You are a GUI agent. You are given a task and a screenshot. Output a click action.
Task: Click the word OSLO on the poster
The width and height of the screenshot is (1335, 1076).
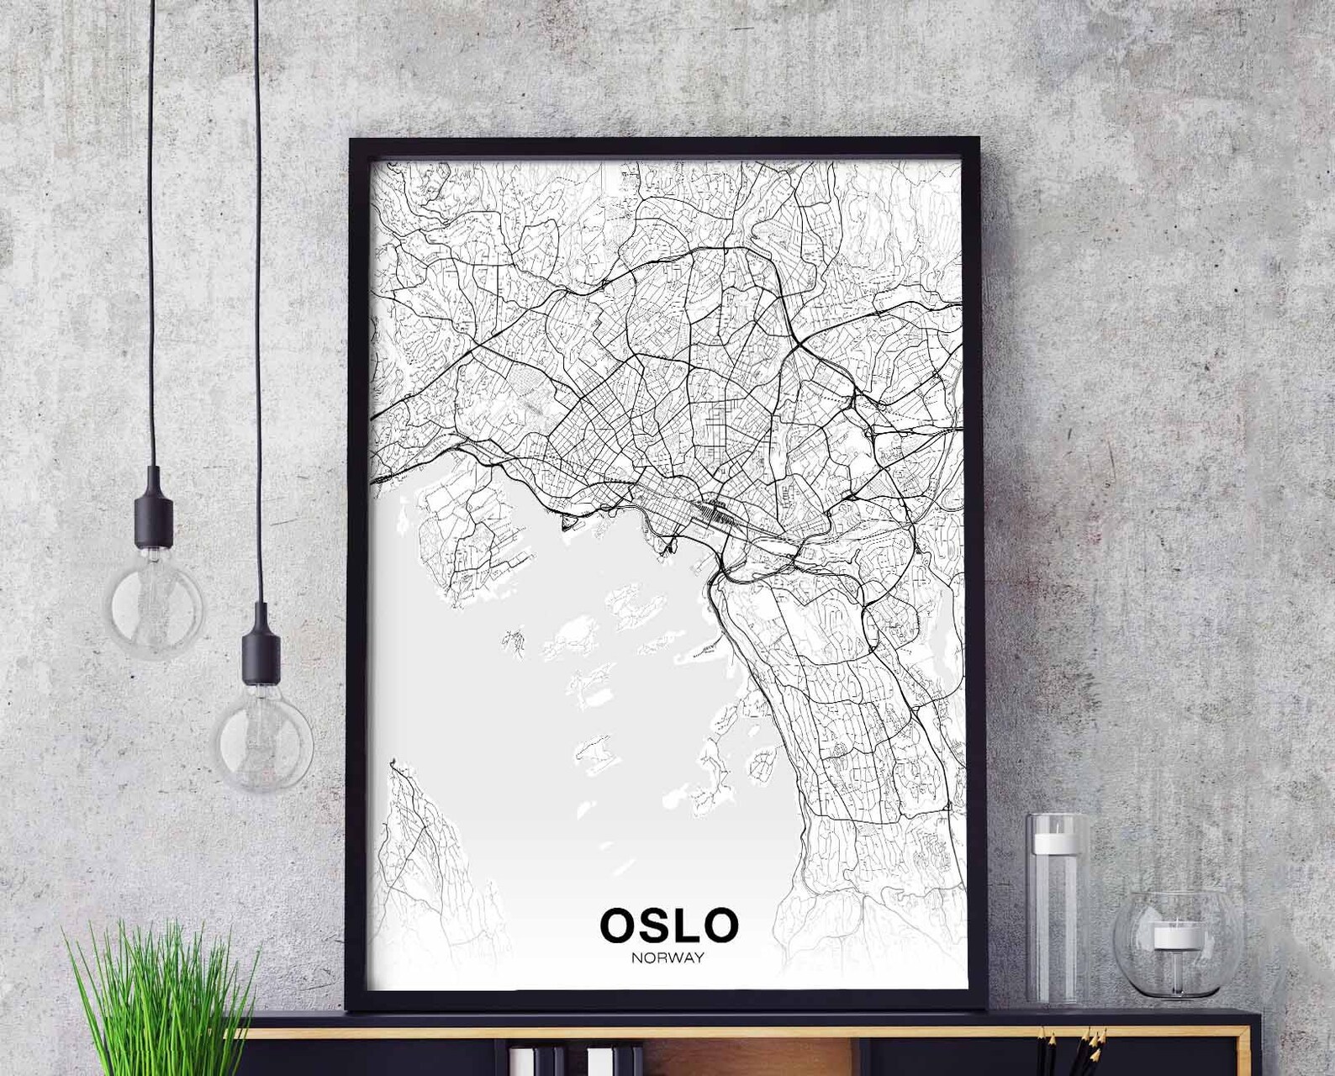pyautogui.click(x=668, y=925)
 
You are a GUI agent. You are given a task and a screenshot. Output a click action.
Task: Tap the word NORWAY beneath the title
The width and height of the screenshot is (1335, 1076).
pyautogui.click(x=669, y=957)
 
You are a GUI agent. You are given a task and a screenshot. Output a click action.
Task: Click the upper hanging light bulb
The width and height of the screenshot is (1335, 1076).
pyautogui.click(x=155, y=599)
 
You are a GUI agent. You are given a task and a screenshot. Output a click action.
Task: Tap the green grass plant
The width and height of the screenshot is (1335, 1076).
pyautogui.click(x=160, y=1000)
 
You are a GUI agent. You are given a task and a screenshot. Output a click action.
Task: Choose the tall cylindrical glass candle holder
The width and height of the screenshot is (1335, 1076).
pyautogui.click(x=1056, y=908)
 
